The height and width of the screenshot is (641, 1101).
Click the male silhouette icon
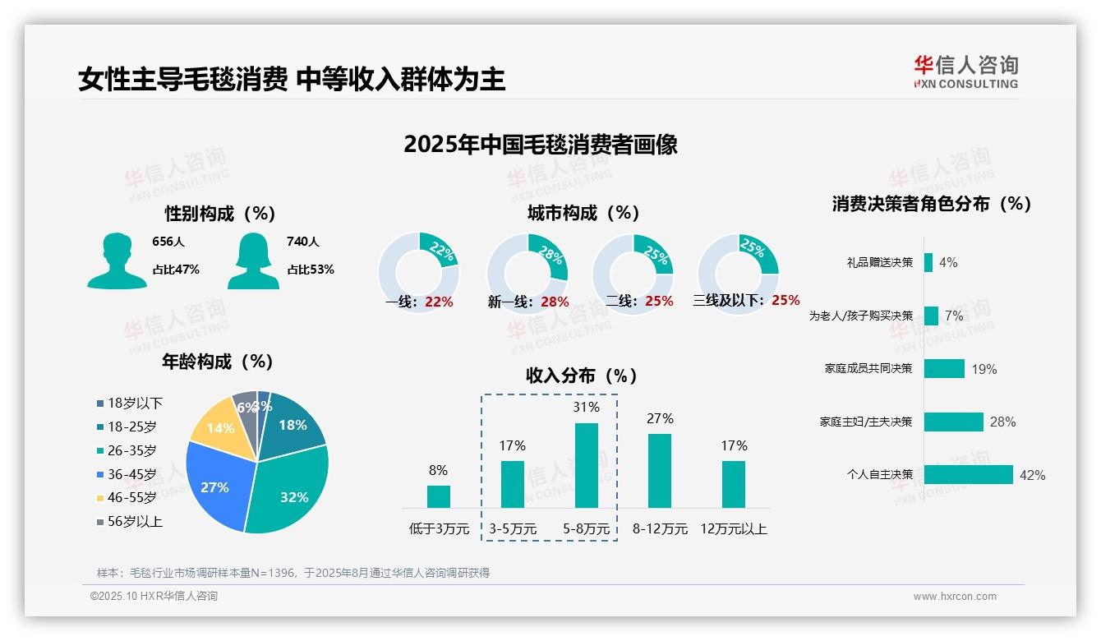117,261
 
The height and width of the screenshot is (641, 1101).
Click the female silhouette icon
253,261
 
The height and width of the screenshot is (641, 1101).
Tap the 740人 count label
302,242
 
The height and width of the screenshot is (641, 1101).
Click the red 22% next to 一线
439,302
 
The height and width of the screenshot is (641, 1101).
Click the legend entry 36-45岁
131,474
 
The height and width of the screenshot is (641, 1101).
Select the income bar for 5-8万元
587,465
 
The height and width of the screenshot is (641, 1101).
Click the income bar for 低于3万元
439,496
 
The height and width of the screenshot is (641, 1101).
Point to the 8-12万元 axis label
660,529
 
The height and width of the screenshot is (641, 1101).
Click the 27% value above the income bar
660,419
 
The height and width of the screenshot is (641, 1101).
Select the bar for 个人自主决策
968,474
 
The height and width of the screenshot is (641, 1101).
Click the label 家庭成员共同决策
868,368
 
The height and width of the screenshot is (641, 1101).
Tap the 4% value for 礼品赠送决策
948,262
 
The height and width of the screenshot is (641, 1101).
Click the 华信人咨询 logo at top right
965,71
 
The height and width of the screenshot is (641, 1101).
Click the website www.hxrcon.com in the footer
955,597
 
